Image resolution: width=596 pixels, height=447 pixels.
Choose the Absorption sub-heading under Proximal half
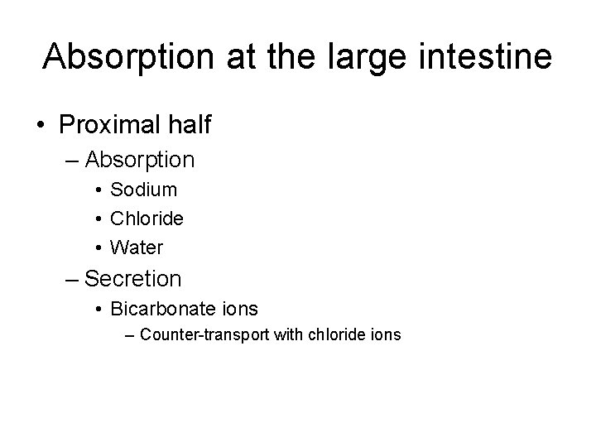click(140, 159)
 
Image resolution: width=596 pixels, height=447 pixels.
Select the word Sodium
click(144, 190)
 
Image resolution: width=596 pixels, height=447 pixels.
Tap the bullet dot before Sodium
click(99, 190)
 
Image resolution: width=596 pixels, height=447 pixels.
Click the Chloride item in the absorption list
click(147, 219)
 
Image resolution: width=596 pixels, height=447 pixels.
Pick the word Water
click(137, 248)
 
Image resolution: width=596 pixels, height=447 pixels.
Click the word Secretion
click(133, 278)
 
